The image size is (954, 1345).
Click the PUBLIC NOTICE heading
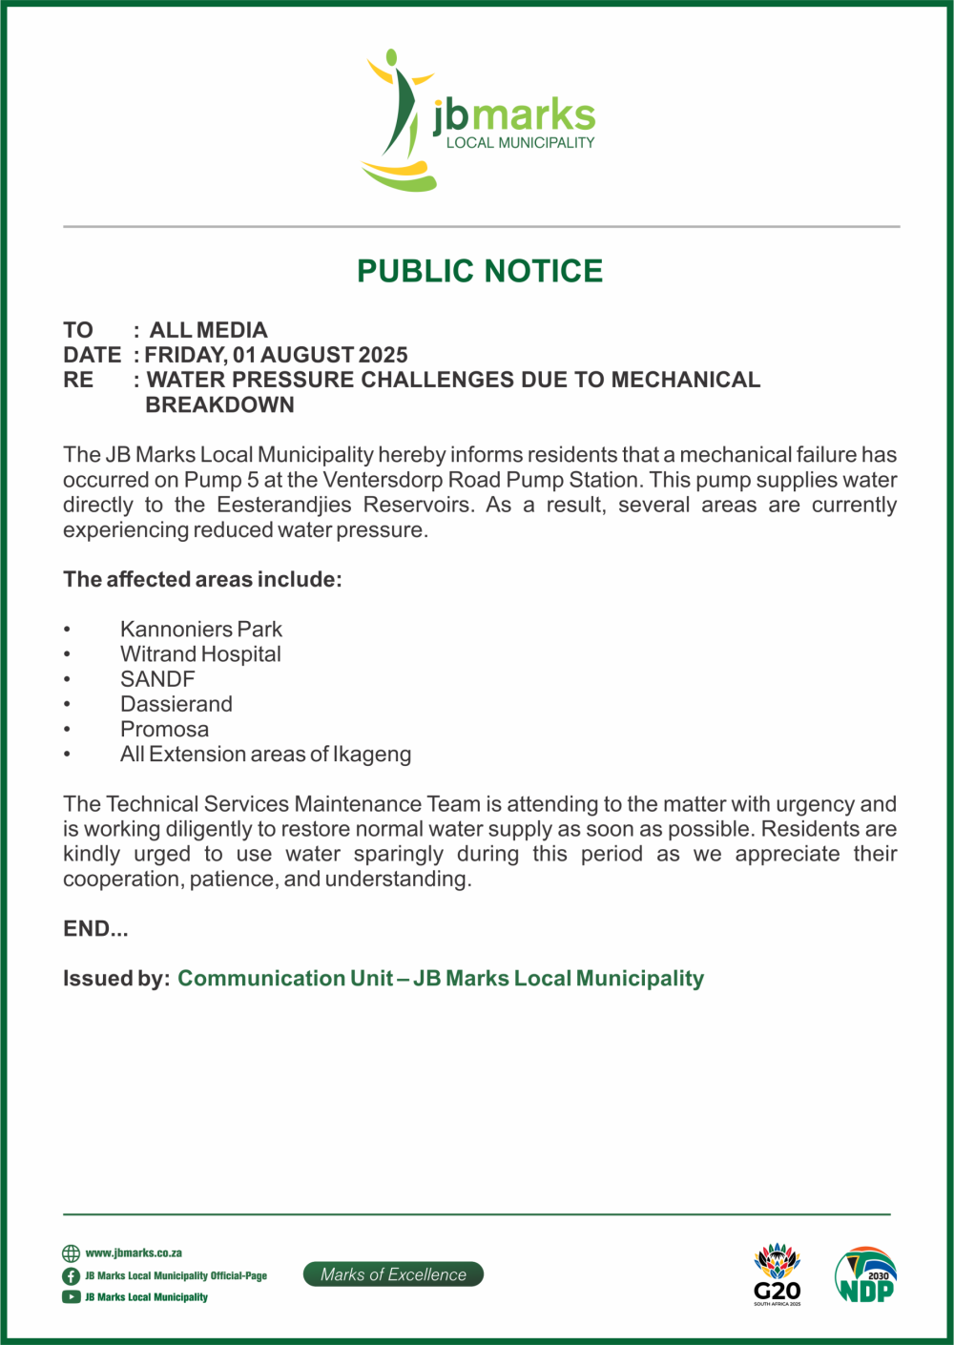coord(480,271)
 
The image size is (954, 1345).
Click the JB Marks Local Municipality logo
coord(480,121)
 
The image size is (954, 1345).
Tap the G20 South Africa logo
coord(778,1275)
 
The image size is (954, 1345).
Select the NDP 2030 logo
coord(866,1275)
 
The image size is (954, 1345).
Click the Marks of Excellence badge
coord(393,1274)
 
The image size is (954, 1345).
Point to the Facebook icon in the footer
coord(72,1276)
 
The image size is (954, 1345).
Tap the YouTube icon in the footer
coord(72,1297)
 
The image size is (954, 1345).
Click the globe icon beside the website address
coord(72,1253)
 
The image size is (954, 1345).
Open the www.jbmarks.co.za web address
coord(134,1253)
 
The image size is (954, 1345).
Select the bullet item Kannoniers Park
coord(201,630)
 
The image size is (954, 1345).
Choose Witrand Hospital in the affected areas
coord(200,654)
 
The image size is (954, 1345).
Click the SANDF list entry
coord(157,679)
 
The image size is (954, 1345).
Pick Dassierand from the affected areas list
coord(176,704)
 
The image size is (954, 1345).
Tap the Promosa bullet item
coord(164,729)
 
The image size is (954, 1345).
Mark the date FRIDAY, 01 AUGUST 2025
coord(277,355)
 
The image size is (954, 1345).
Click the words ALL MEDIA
coord(209,330)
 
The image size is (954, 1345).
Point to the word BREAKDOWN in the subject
coord(220,404)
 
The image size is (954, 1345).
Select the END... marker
coord(95,929)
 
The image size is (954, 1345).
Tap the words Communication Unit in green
coord(285,979)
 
